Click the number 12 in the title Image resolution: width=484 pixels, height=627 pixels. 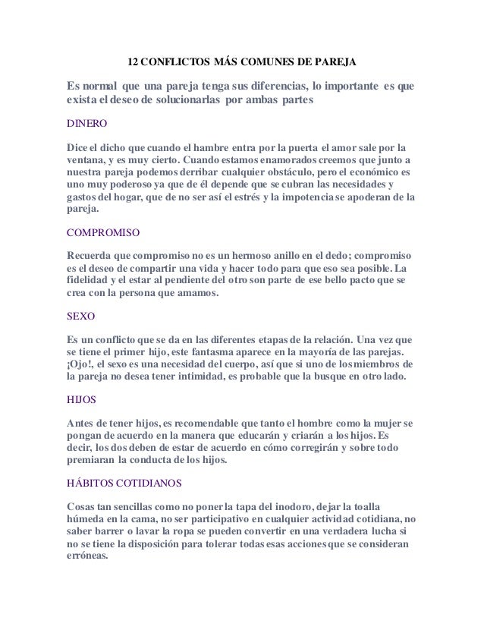pos(132,59)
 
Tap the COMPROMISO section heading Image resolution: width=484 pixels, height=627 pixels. pos(105,226)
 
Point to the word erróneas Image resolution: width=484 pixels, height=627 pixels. pos(89,556)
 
